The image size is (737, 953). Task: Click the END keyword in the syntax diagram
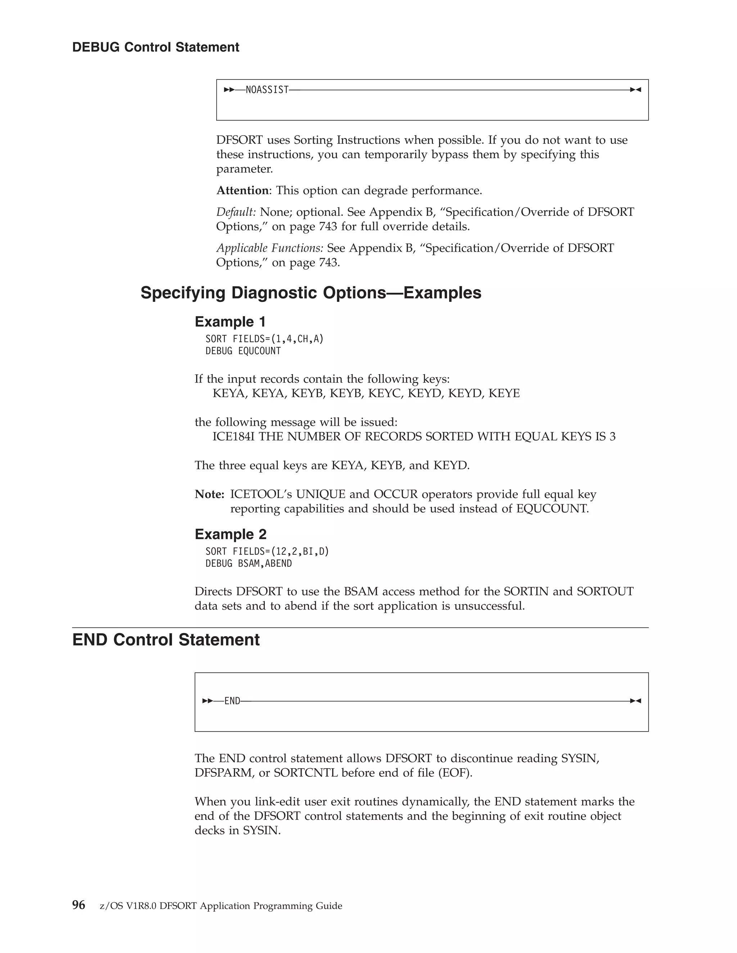[232, 701]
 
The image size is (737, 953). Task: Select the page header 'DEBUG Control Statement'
[155, 47]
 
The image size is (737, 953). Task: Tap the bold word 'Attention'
[242, 191]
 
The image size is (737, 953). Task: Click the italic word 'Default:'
[236, 212]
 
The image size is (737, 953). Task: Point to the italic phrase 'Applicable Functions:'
[270, 248]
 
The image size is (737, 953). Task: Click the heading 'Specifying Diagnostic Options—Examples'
[311, 293]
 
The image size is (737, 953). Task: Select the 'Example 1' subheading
[230, 322]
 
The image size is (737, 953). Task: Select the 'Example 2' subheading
[230, 534]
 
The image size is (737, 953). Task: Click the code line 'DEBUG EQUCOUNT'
[243, 351]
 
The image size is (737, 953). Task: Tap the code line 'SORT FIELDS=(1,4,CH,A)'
[264, 339]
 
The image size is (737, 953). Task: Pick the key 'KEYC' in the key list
[385, 393]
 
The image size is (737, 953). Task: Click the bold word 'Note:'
[209, 494]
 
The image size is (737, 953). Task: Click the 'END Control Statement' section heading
[166, 640]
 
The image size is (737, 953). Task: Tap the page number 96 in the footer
[78, 905]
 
